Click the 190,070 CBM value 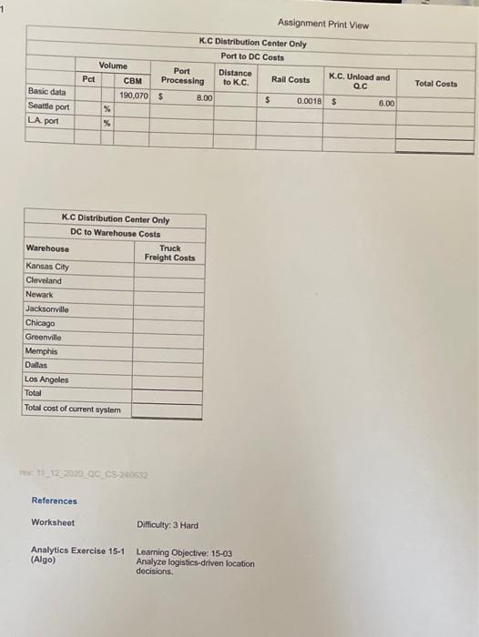coord(136,94)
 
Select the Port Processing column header coord(182,76)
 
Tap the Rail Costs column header coord(290,80)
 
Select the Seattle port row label coord(46,106)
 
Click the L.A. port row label coord(43,121)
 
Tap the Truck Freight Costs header coord(169,253)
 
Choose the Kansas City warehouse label coord(47,267)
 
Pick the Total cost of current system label coord(73,409)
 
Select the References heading coord(55,500)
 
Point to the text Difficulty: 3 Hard coord(168,525)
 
